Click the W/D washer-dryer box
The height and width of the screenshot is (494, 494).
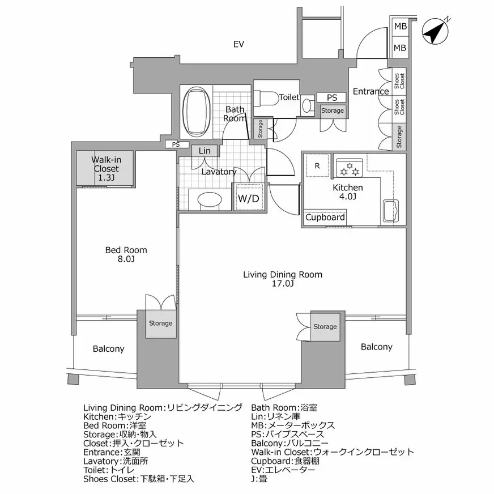[248, 198]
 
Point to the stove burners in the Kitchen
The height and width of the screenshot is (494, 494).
[349, 168]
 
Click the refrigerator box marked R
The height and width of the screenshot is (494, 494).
[317, 166]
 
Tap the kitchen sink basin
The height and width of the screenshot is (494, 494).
[391, 211]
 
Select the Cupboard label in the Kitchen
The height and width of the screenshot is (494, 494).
[325, 218]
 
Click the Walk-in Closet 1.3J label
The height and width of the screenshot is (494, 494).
[105, 169]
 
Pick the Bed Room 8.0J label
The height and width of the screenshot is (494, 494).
[126, 254]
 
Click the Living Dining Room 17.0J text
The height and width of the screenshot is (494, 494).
[282, 279]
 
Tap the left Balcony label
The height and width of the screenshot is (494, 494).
[108, 349]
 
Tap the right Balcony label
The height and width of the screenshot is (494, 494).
[376, 347]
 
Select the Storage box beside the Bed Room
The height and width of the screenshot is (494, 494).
[160, 323]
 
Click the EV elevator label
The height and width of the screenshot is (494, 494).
[239, 44]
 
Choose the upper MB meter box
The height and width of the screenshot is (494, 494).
[400, 27]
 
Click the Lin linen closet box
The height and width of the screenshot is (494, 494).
[205, 151]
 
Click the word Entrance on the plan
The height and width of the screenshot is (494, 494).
[370, 91]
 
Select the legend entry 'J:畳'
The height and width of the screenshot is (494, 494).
[259, 479]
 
